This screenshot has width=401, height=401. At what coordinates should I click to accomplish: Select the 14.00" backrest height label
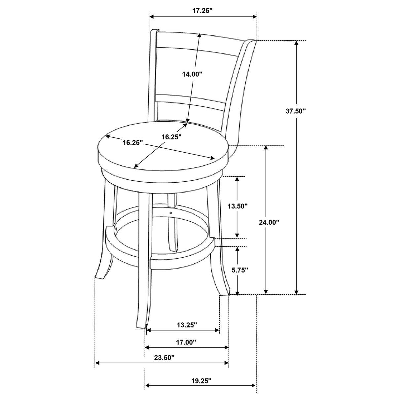[x=192, y=74]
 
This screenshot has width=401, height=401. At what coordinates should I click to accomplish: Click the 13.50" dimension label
[x=238, y=206]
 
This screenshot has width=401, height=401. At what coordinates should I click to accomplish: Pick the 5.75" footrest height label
[x=238, y=270]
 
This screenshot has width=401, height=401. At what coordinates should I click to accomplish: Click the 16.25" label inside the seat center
[x=171, y=137]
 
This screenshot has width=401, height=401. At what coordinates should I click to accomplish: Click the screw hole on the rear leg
[x=171, y=213]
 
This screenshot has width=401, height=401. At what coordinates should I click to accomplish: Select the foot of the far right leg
[x=225, y=293]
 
